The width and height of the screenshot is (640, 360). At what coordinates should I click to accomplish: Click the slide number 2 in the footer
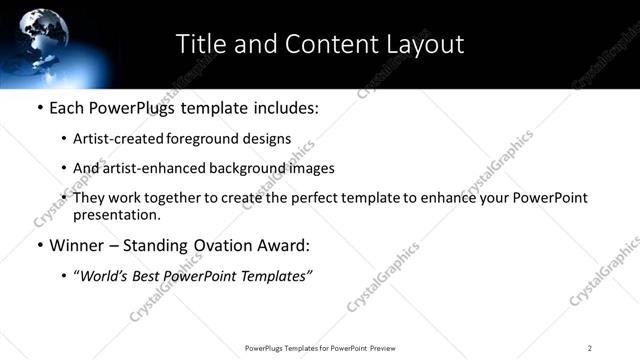click(x=590, y=348)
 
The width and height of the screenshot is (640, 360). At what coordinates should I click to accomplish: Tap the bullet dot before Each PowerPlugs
click(x=39, y=108)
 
